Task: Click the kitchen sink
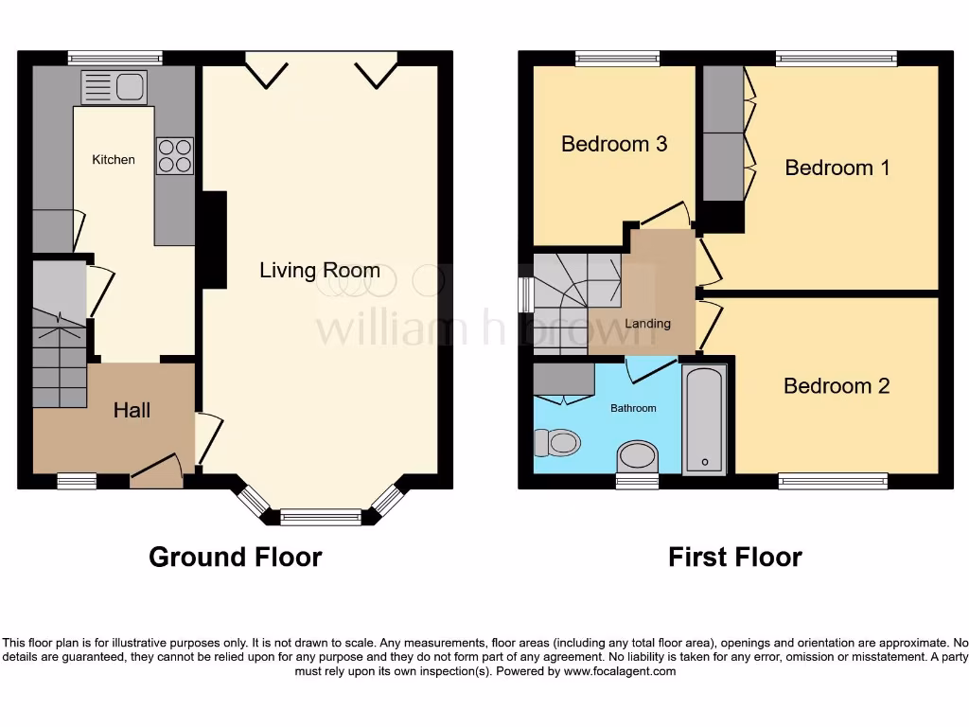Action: (x=113, y=87)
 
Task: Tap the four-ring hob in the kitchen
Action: (x=174, y=156)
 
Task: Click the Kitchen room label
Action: (x=114, y=160)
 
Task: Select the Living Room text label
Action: (x=320, y=271)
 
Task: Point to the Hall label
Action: (x=132, y=410)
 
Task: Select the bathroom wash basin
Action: (x=638, y=455)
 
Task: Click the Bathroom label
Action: (x=633, y=408)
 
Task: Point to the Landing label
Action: (x=648, y=324)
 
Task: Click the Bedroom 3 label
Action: (x=614, y=144)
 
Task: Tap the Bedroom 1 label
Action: (x=837, y=168)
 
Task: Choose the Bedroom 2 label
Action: (x=837, y=386)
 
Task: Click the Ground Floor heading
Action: (x=235, y=558)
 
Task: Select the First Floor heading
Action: (x=734, y=558)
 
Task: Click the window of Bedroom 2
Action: (x=834, y=482)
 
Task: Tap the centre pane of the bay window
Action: (x=321, y=518)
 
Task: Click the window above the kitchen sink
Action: (x=115, y=58)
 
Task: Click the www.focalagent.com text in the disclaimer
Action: (x=620, y=671)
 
